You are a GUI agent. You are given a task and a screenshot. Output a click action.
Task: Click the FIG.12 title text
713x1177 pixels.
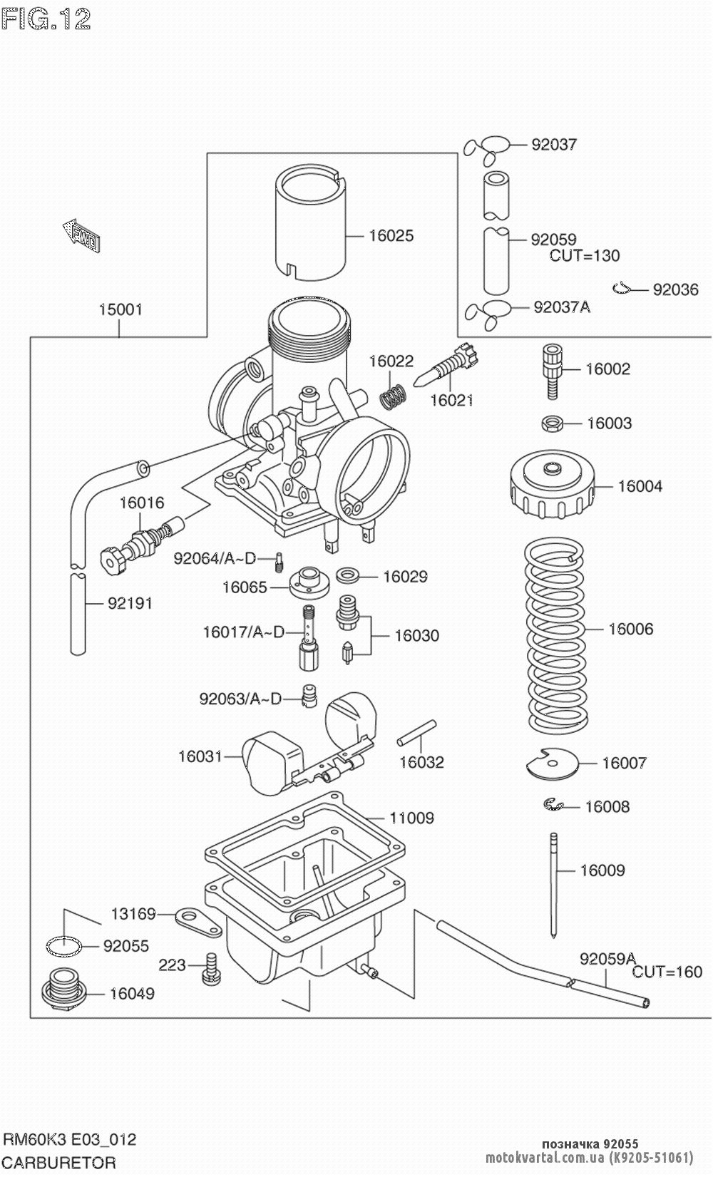click(47, 20)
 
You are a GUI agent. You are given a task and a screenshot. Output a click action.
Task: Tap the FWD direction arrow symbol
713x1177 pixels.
click(81, 235)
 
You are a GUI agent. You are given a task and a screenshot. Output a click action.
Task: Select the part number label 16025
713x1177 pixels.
click(391, 235)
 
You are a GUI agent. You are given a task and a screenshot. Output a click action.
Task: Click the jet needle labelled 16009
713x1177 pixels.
click(553, 884)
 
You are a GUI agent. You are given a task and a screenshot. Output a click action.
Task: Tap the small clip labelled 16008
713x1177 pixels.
click(551, 805)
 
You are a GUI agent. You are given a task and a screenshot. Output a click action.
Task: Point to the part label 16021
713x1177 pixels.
click(451, 401)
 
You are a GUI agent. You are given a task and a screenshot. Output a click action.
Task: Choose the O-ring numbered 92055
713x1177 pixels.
click(63, 946)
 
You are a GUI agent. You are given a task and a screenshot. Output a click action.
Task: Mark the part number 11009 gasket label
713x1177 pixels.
click(411, 818)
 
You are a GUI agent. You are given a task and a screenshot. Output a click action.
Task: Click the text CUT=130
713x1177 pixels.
click(584, 255)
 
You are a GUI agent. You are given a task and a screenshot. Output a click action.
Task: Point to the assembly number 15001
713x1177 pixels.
click(120, 309)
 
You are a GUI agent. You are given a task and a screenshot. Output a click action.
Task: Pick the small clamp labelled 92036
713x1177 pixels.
click(624, 288)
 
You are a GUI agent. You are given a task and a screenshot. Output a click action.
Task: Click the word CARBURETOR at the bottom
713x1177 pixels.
click(59, 1162)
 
